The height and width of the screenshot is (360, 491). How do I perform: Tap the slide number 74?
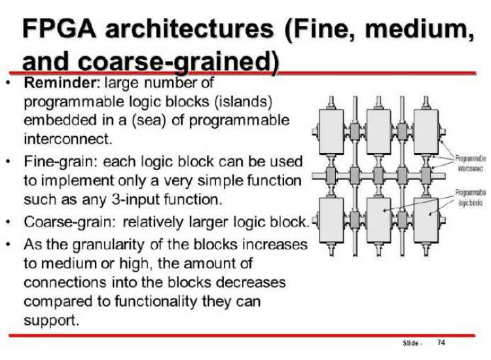pyautogui.click(x=441, y=343)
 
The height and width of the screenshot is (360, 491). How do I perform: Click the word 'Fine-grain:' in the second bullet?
pyautogui.click(x=56, y=161)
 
